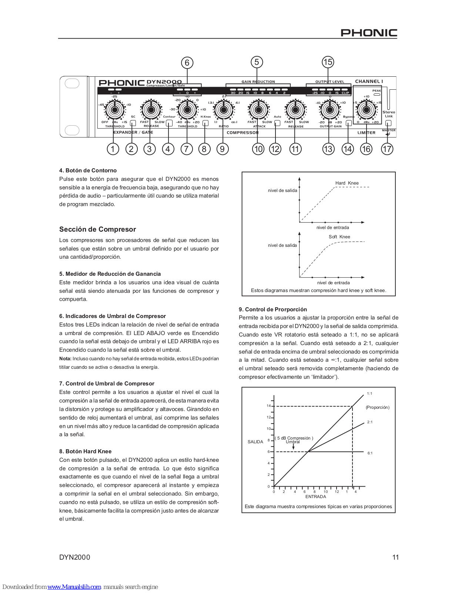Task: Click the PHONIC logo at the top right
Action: pos(369,33)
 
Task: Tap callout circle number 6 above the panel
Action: pos(187,63)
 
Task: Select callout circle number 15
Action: pos(328,62)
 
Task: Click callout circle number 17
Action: pos(387,149)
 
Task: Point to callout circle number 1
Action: pos(113,149)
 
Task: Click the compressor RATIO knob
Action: pos(224,110)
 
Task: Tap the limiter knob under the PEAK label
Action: pos(367,110)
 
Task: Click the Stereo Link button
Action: pos(388,123)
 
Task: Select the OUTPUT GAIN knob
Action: pos(330,110)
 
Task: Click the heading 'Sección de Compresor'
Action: pos(98,229)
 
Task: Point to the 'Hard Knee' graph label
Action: pos(347,183)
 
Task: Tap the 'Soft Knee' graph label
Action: pos(339,237)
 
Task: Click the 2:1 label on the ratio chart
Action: pos(370,422)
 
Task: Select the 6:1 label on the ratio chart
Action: pos(370,453)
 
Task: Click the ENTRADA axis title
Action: pos(316,497)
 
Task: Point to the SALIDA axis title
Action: pos(255,442)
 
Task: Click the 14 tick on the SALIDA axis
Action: pos(268,406)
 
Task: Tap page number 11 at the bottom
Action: pos(395,557)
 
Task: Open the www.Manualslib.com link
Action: pos(74,587)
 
